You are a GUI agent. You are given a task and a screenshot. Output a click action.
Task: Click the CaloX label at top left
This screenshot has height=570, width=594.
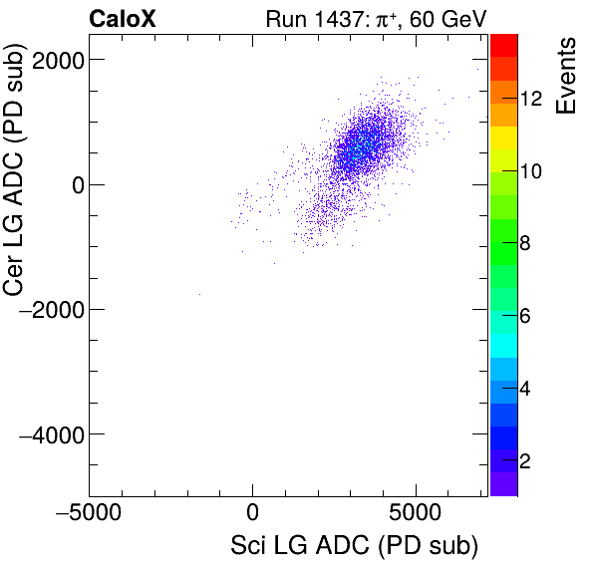(124, 18)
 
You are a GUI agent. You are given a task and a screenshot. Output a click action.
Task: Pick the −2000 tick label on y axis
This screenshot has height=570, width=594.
(48, 310)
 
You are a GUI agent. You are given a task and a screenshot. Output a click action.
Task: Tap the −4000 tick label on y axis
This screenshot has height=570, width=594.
(48, 434)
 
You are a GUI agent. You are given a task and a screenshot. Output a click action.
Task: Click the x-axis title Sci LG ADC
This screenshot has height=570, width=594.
(354, 547)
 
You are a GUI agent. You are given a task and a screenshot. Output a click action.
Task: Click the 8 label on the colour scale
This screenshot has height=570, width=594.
(527, 244)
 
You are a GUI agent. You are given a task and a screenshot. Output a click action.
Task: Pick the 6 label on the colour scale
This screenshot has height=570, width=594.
(527, 317)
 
